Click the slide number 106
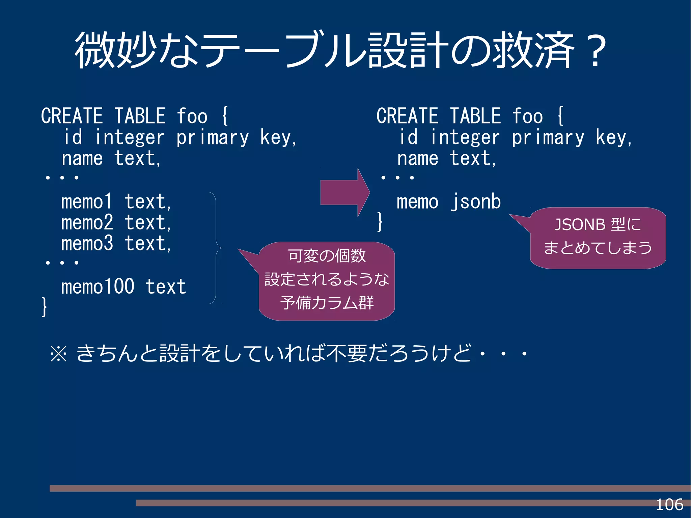point(669,505)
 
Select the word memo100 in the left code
point(98,287)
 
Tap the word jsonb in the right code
point(476,202)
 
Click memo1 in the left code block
point(86,202)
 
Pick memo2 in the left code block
point(87,223)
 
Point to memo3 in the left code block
point(87,244)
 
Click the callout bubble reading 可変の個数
point(327,281)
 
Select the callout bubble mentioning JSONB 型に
point(598,238)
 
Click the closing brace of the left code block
point(44,306)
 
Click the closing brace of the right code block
point(380,222)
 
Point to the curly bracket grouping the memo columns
point(216,248)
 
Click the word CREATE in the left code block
point(72,116)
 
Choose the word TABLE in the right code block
point(475,116)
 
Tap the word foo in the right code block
point(527,116)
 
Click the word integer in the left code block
point(129,137)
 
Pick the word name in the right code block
point(418,159)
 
